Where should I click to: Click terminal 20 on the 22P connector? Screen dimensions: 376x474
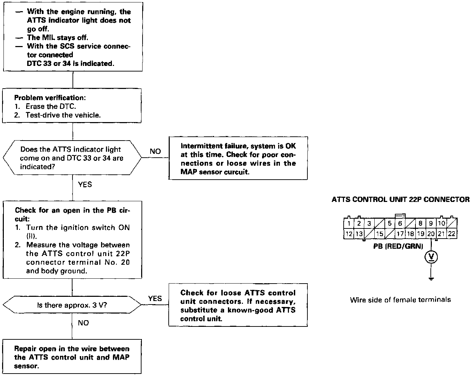point(431,234)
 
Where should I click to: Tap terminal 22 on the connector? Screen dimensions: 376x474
point(452,234)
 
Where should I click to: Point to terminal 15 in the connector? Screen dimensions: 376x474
point(380,234)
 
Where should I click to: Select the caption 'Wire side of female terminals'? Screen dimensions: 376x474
point(400,300)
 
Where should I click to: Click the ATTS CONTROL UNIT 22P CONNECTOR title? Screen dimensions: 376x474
point(400,200)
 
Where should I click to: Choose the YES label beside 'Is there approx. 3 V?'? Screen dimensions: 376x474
point(155,299)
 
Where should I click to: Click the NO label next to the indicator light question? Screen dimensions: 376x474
point(155,151)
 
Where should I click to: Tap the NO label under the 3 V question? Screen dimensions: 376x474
point(83,323)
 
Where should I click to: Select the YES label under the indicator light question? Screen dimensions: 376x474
point(85,185)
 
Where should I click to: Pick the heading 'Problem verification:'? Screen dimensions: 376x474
point(50,98)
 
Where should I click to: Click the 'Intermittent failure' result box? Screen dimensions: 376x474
point(238,159)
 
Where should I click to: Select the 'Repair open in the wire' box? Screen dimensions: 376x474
point(72,357)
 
